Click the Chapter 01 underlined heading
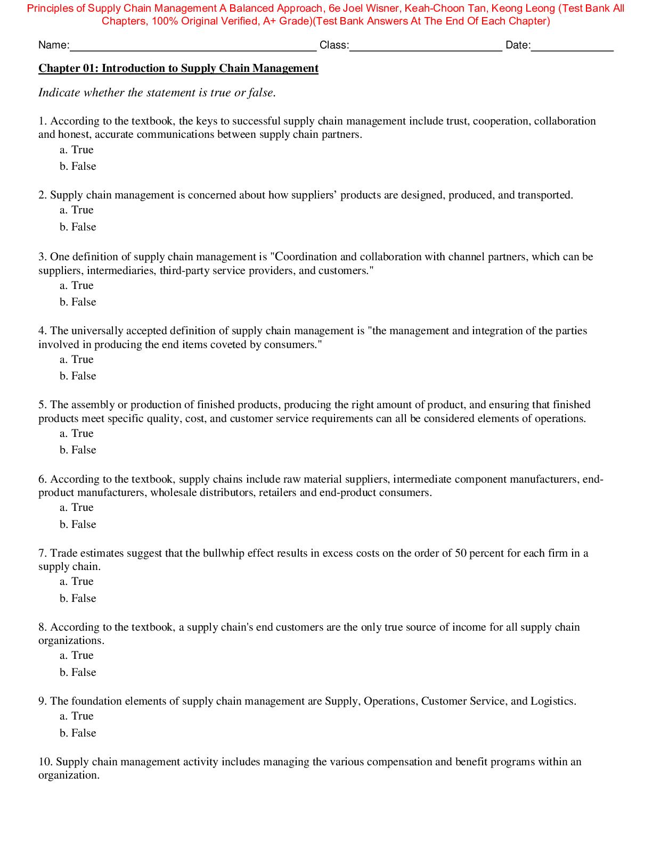coord(178,68)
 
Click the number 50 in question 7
coord(461,553)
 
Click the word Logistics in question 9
coord(552,701)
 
